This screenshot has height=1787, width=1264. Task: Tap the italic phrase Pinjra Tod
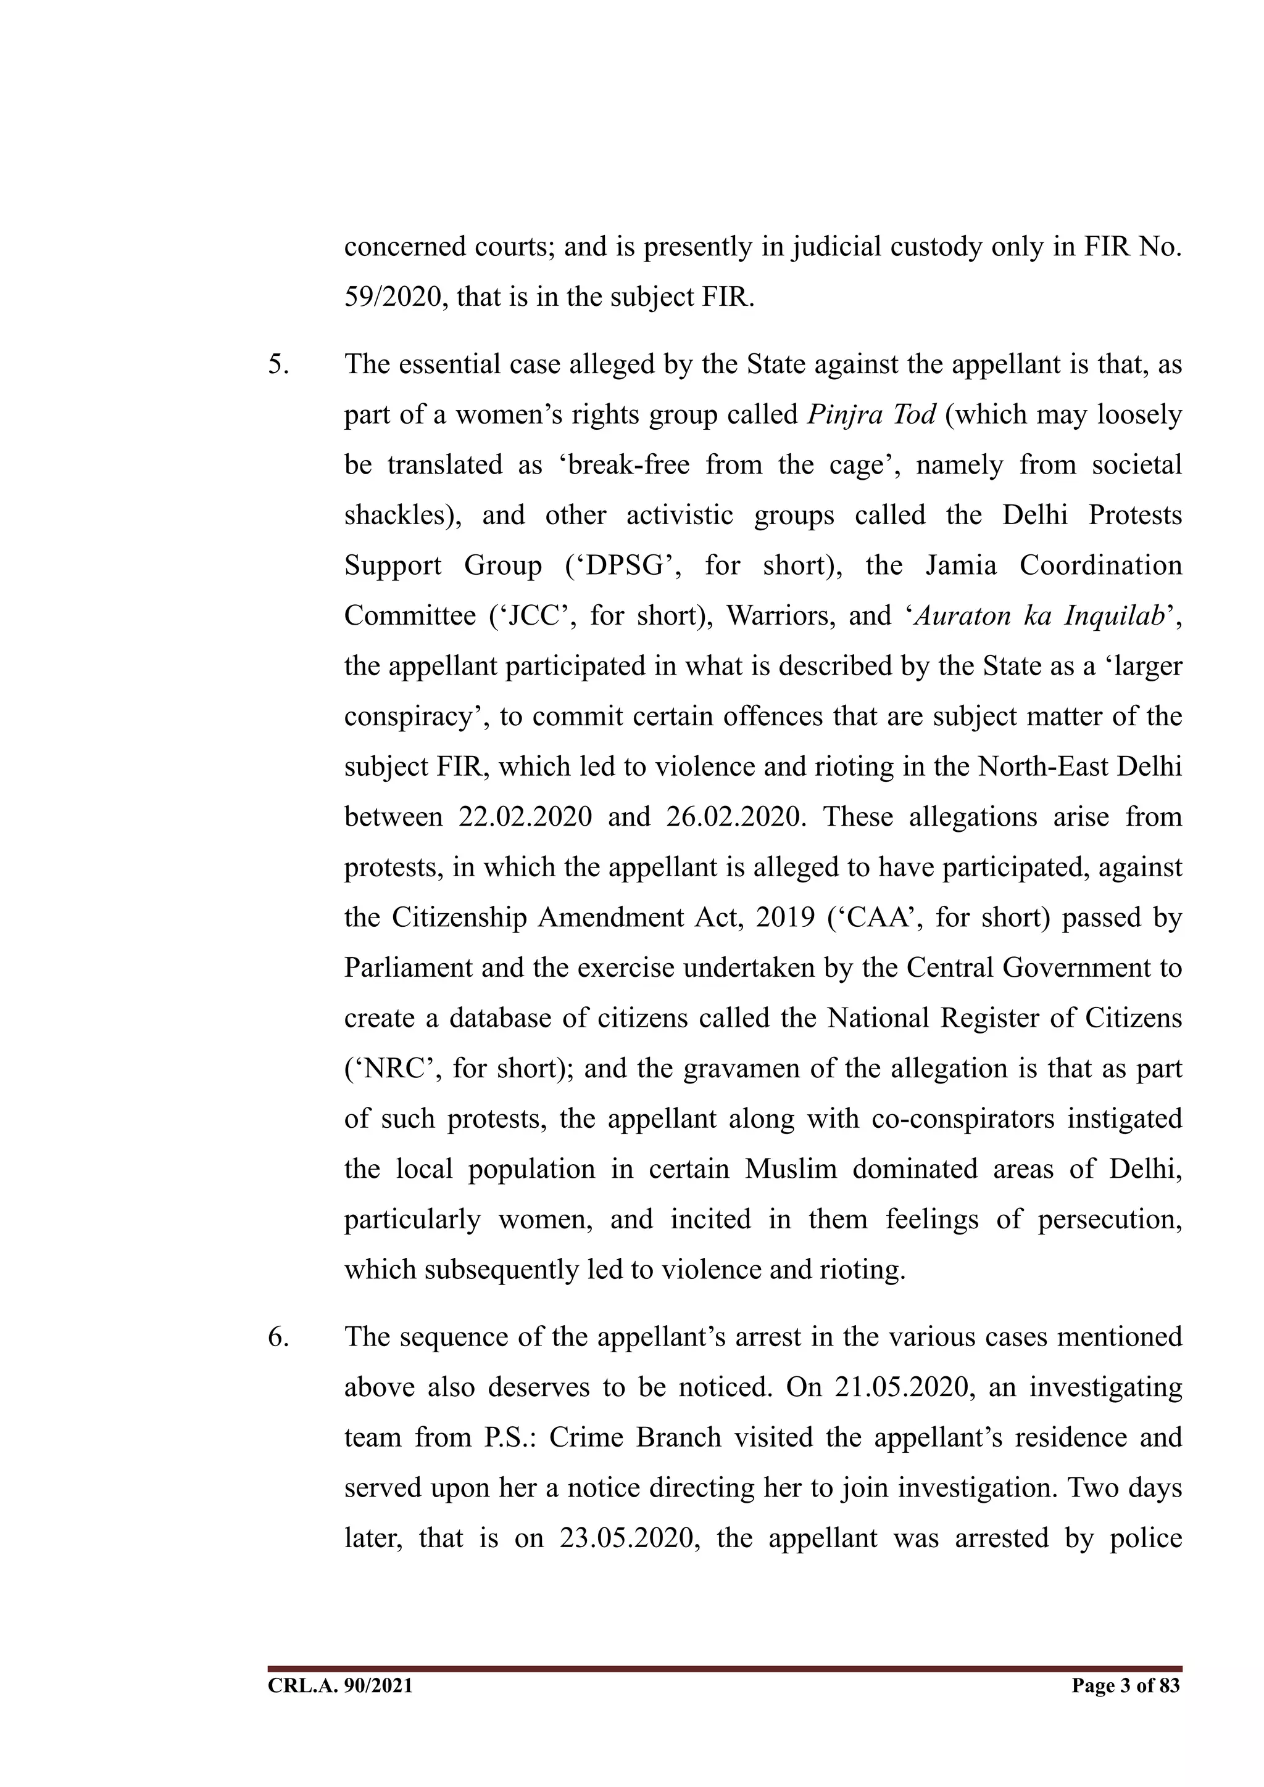click(x=871, y=415)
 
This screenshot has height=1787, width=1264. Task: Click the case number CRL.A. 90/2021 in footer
click(x=340, y=1686)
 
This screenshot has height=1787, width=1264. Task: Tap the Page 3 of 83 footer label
click(x=1125, y=1686)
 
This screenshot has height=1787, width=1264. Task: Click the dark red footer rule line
click(x=725, y=1669)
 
